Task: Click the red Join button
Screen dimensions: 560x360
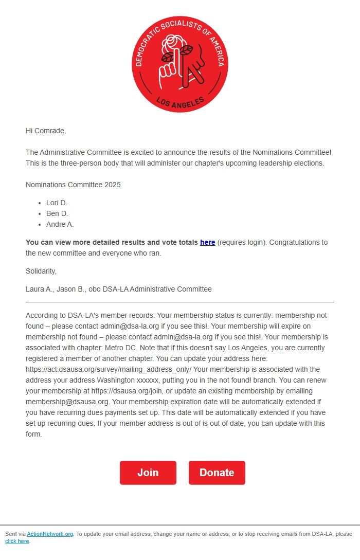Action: point(148,473)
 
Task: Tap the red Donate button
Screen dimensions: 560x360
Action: point(217,473)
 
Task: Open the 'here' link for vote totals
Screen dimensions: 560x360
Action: point(207,242)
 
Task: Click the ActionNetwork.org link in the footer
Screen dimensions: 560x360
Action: point(50,534)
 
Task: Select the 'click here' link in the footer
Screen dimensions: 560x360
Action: point(17,541)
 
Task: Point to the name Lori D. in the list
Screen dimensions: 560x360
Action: point(57,203)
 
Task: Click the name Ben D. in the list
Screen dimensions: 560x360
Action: point(57,213)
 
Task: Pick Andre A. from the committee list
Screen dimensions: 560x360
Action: point(60,224)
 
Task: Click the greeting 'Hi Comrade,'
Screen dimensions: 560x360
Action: point(46,131)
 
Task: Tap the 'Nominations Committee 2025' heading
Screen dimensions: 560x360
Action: point(73,185)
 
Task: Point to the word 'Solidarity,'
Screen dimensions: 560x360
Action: point(41,271)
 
